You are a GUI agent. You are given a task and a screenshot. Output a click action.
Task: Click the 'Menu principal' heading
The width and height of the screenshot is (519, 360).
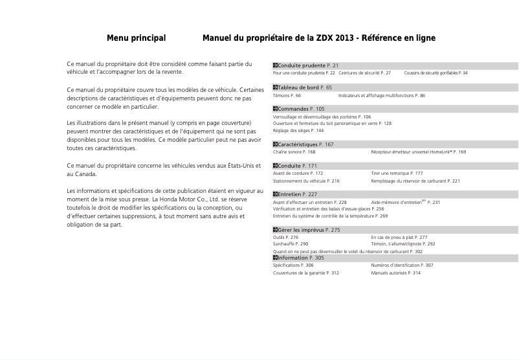coord(136,38)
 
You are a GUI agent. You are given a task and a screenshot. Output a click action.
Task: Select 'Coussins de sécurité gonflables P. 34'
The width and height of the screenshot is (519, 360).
coord(435,73)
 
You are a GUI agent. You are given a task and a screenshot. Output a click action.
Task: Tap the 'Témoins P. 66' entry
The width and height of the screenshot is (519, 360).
coord(287,95)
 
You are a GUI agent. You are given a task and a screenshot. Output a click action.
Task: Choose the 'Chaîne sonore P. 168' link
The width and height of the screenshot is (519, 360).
coord(294,152)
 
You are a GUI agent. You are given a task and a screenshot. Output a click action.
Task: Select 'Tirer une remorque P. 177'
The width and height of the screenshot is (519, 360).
coord(397,174)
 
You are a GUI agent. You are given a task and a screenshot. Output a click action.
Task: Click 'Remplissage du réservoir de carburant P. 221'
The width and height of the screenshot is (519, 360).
coord(415,181)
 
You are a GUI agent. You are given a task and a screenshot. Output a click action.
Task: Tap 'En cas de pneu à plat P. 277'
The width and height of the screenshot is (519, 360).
coord(399,238)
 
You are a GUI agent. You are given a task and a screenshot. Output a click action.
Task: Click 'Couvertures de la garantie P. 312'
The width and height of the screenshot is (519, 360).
coord(305,273)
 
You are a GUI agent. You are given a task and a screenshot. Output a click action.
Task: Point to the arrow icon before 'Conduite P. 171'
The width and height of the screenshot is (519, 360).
coord(275,166)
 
